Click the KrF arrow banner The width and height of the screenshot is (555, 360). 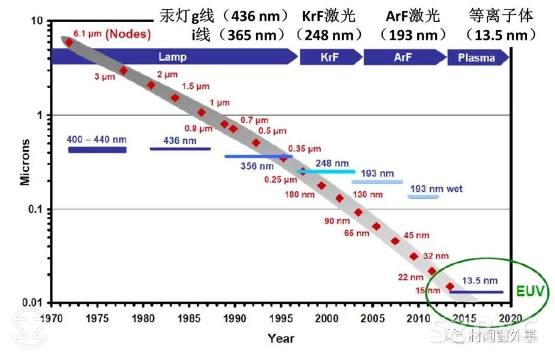pos(329,57)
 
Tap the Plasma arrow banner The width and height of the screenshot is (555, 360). pos(477,58)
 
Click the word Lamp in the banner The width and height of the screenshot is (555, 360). pos(172,57)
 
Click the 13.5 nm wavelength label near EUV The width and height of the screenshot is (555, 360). pos(479,280)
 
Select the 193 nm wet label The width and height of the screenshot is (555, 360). pos(436,188)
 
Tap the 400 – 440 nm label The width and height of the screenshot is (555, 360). pos(97,140)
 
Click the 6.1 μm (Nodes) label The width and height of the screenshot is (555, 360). pos(112,35)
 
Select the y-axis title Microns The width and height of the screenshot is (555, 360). pos(25,162)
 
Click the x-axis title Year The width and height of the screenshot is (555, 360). pos(281,338)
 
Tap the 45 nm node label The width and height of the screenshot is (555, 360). pos(416,235)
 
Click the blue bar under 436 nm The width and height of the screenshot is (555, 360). pos(180,149)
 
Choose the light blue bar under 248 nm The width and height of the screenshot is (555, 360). pos(326,172)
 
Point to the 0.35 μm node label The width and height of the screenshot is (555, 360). pos(304,149)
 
